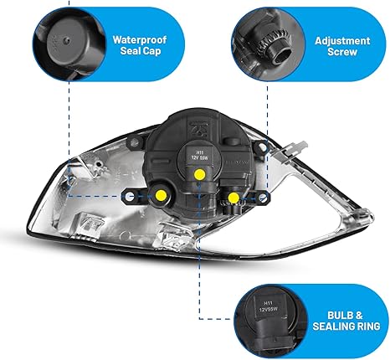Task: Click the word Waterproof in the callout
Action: tap(140, 39)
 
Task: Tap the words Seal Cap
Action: tap(141, 51)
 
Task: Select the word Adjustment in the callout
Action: tap(342, 41)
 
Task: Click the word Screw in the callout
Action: tap(342, 52)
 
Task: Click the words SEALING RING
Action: tap(346, 327)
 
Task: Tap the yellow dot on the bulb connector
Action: tap(200, 174)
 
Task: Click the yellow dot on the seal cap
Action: tap(161, 195)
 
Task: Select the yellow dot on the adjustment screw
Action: tap(233, 198)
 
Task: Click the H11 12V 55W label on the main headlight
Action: tap(200, 155)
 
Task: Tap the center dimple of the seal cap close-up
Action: tap(66, 41)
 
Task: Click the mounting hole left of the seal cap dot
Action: tap(129, 197)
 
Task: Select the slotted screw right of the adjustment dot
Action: tap(262, 198)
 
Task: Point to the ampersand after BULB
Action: tap(359, 316)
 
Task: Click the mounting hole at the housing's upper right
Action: tap(262, 147)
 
